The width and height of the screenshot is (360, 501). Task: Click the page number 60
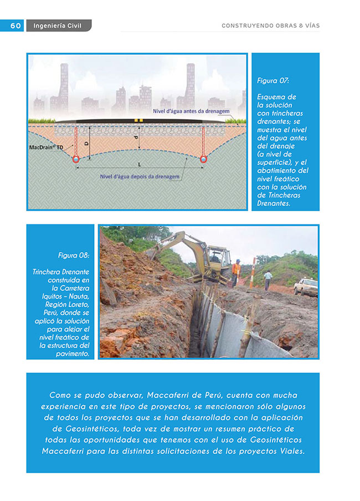click(x=15, y=25)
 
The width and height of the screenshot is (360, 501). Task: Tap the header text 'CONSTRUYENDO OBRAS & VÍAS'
click(x=270, y=25)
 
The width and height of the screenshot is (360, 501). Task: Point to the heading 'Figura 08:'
click(x=74, y=255)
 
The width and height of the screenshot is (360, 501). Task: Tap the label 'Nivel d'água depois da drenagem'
click(x=140, y=177)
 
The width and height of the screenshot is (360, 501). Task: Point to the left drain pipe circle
click(x=76, y=159)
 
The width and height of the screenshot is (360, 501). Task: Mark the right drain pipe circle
click(x=204, y=159)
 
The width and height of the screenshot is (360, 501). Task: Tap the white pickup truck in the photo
click(x=306, y=287)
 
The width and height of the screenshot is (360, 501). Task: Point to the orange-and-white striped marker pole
click(x=254, y=272)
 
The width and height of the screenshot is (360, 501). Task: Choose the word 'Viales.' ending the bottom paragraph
click(x=287, y=451)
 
